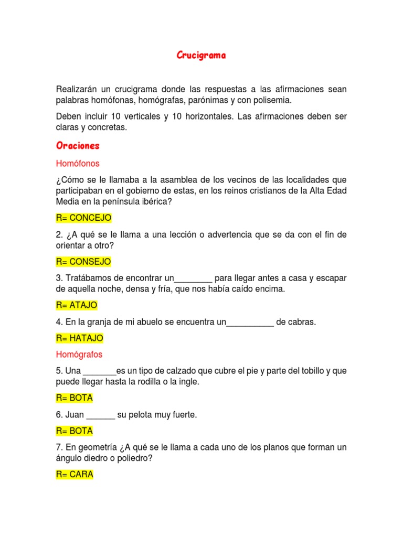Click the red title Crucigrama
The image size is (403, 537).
(201, 56)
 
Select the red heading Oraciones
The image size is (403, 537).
(78, 145)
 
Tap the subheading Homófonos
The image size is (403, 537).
(78, 164)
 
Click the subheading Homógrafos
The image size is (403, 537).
(79, 355)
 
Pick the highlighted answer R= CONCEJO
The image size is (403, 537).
(83, 218)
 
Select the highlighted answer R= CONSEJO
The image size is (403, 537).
(83, 261)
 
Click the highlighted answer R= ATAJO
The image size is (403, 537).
(77, 305)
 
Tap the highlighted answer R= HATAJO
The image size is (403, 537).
(79, 338)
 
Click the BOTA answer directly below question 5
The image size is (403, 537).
(75, 398)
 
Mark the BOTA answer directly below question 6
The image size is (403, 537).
(75, 431)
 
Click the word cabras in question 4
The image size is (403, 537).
(302, 322)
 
